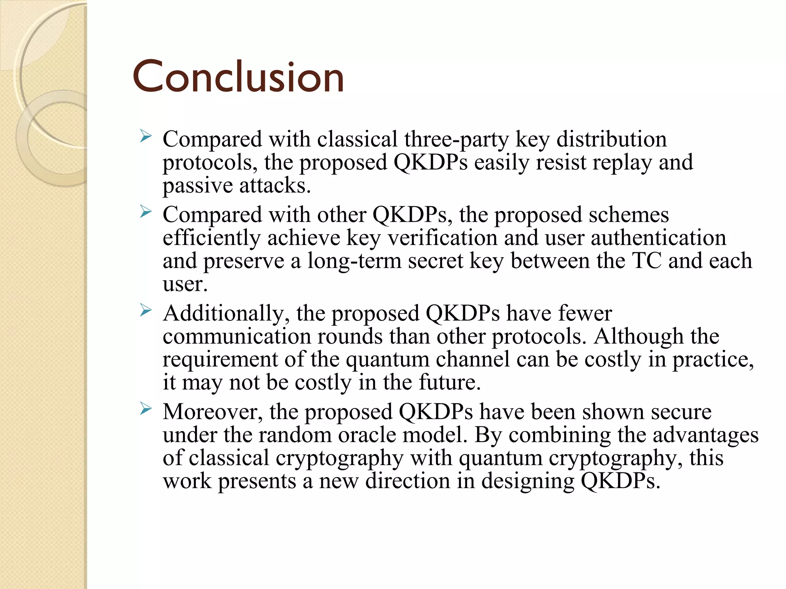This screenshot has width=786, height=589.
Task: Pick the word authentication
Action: (x=658, y=238)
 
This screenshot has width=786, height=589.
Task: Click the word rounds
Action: (x=350, y=336)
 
